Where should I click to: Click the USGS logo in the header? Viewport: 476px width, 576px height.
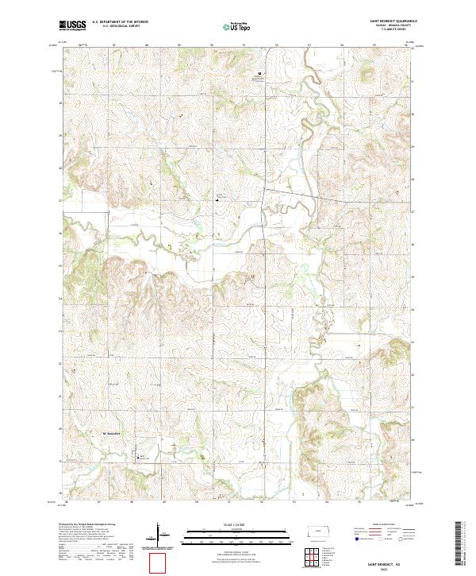[x=71, y=25]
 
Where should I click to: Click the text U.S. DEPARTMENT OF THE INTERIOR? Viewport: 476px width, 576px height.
[x=120, y=21]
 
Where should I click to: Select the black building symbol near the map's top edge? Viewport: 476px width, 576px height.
[x=259, y=75]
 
